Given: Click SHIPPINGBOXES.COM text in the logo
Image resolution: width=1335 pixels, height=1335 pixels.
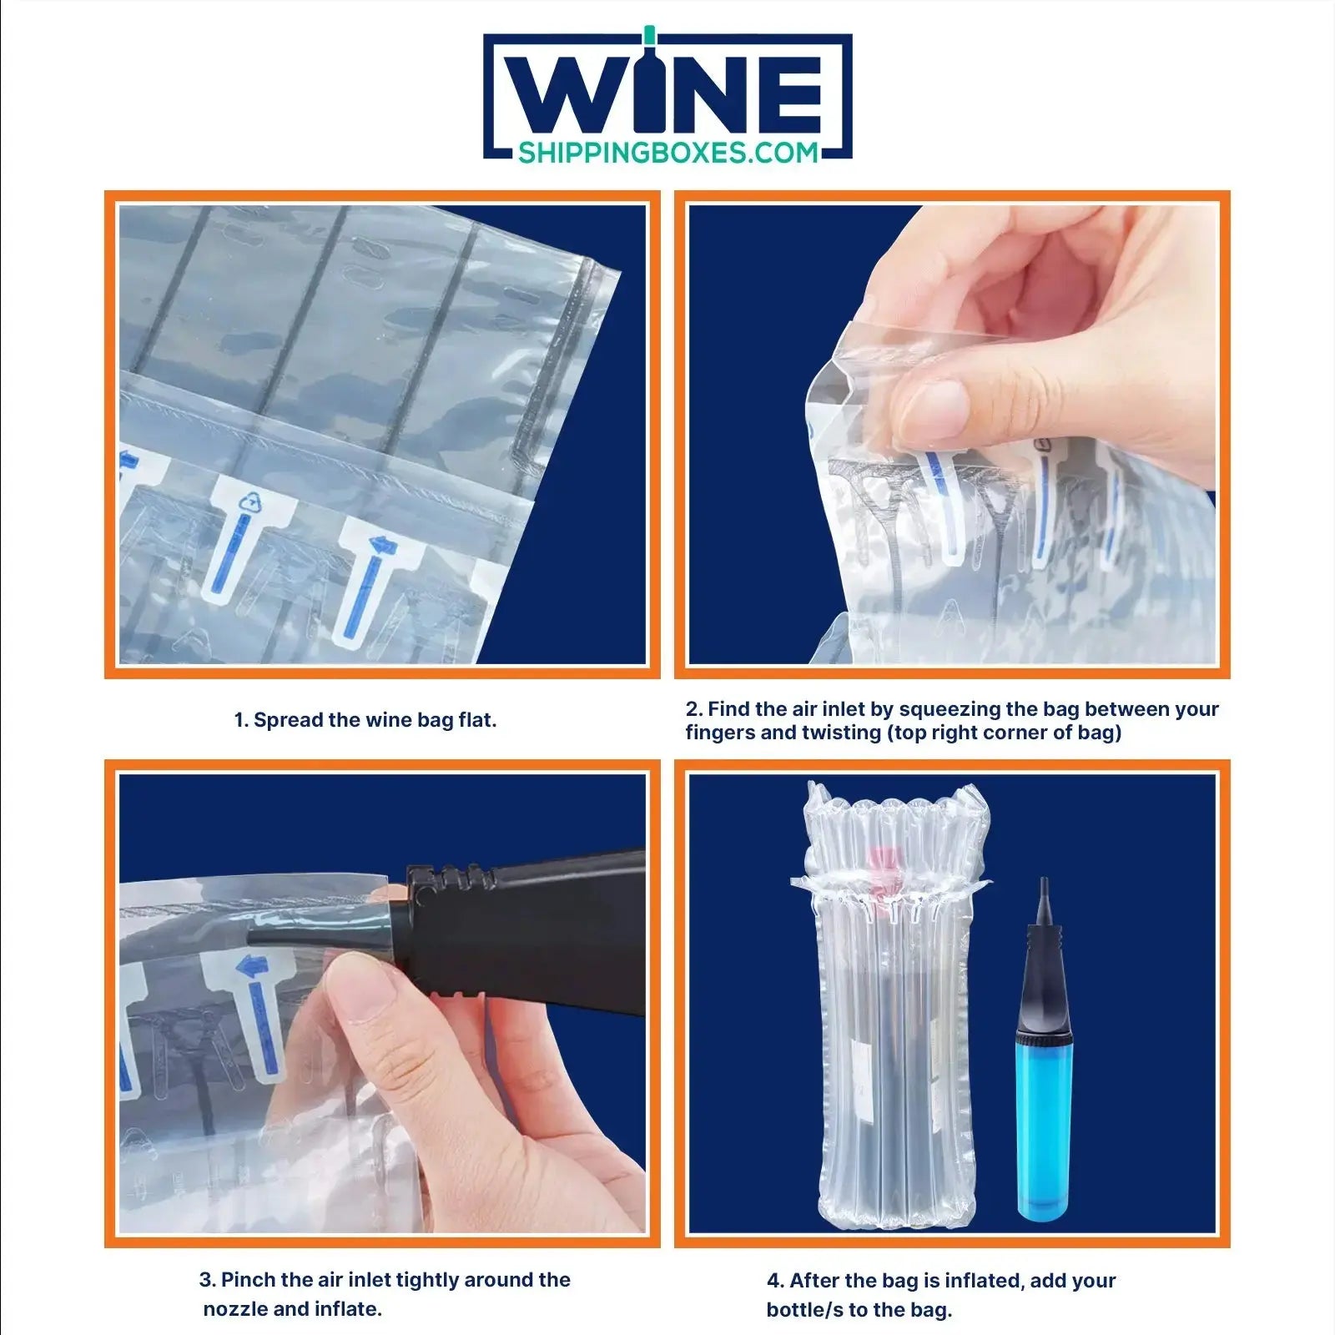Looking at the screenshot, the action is tap(668, 153).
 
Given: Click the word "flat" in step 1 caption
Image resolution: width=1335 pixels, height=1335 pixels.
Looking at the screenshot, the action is tap(477, 720).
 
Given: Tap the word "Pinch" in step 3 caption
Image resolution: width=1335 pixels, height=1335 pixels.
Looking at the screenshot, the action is tap(249, 1280).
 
